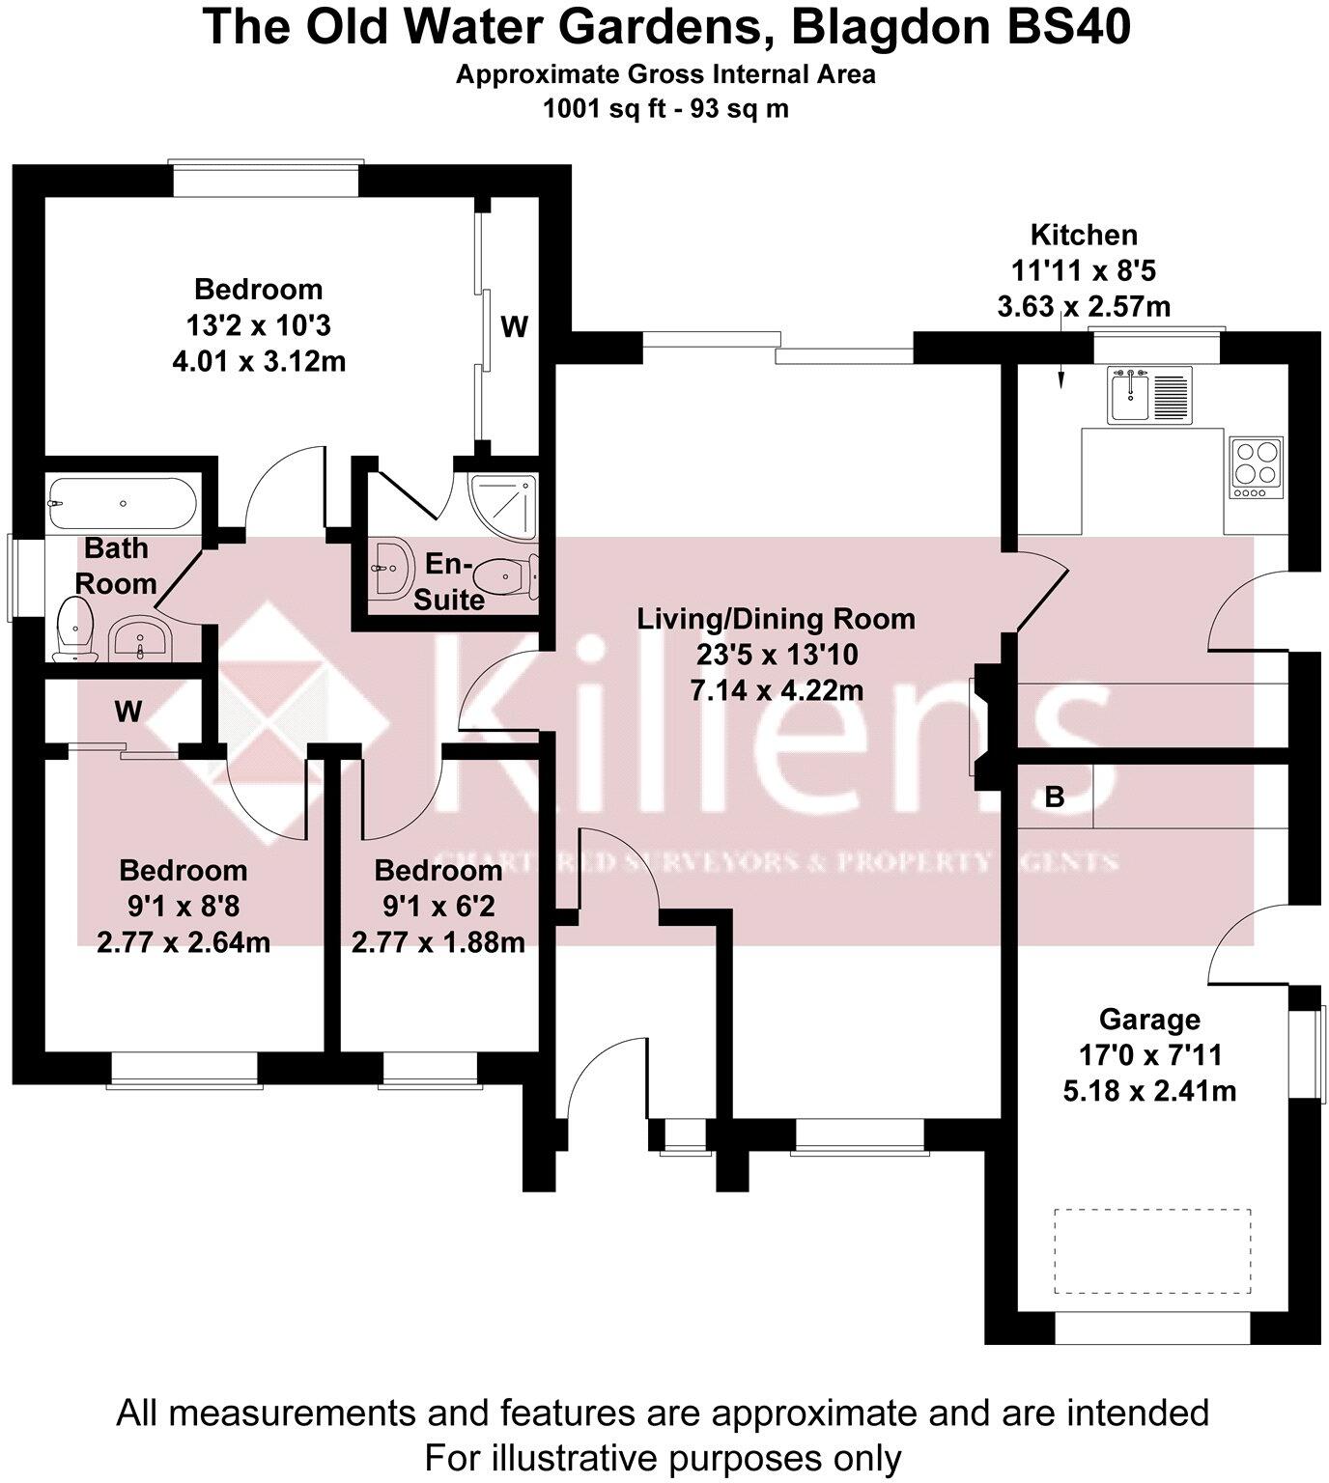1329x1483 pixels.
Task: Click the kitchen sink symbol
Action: click(1129, 396)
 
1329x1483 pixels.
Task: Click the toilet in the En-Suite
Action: click(506, 577)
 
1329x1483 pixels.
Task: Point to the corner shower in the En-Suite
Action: click(502, 506)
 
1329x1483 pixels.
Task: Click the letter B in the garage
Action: click(1055, 797)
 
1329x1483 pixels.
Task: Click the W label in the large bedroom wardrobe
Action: click(514, 328)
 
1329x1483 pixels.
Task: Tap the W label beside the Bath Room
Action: click(127, 713)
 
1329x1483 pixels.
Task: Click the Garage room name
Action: click(1149, 1020)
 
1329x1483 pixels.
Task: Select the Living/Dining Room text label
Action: click(776, 619)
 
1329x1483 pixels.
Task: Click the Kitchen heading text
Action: click(1084, 235)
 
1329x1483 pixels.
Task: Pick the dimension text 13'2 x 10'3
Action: click(258, 325)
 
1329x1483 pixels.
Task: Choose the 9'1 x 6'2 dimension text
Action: click(438, 907)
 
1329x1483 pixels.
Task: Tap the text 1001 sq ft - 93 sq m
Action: click(665, 109)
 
